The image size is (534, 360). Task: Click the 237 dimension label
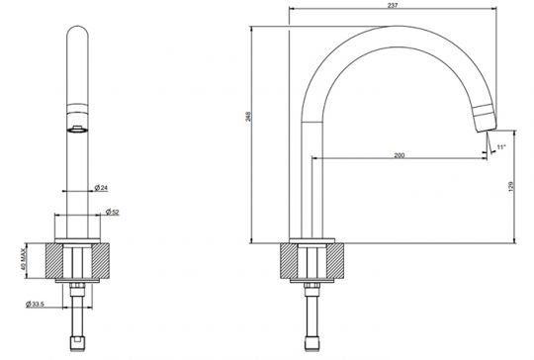393,6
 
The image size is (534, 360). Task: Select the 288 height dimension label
248,117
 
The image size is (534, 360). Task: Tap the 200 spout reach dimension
400,155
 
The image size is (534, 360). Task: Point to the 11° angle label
501,147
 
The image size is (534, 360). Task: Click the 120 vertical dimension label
511,187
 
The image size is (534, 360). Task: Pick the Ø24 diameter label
101,187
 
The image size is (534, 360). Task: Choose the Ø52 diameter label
113,212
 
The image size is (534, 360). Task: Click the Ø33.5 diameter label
35,304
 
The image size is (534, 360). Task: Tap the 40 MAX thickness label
23,259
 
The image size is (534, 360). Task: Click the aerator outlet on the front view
78,130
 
